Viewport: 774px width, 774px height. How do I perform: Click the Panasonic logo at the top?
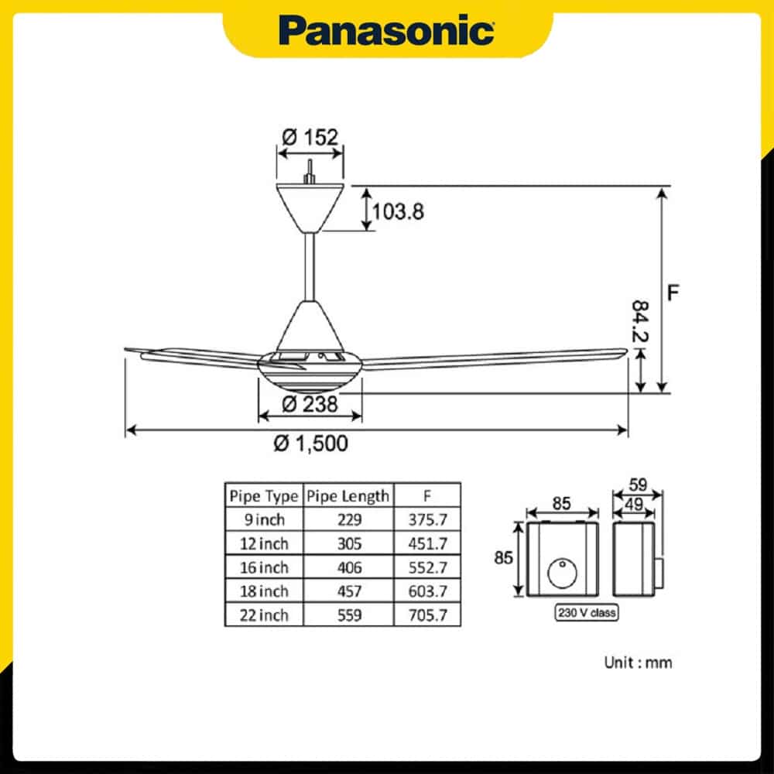pos(387,31)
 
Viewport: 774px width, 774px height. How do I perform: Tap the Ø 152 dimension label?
pos(310,138)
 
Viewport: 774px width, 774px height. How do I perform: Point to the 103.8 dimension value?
pos(398,211)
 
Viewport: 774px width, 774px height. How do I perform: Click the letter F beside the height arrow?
pos(674,293)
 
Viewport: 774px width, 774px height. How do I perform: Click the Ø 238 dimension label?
pos(310,402)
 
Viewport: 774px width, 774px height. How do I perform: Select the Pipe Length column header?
pos(348,495)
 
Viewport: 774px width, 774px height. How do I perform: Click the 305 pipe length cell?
pos(348,543)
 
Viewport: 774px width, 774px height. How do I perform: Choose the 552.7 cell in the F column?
pos(426,567)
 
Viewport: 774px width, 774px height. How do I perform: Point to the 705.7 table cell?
pos(426,615)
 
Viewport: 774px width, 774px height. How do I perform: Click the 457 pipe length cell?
pos(348,591)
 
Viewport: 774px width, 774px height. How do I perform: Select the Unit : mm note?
pos(638,663)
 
